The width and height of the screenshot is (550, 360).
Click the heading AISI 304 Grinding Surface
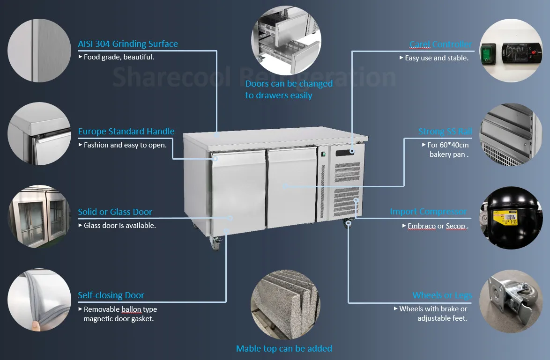click(x=128, y=44)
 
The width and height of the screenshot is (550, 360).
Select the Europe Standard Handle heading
click(x=126, y=132)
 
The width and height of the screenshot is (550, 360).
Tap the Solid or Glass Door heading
click(x=115, y=212)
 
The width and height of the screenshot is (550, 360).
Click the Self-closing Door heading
click(x=111, y=295)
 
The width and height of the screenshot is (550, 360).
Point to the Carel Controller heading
click(x=440, y=44)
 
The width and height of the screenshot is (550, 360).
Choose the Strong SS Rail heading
click(x=445, y=132)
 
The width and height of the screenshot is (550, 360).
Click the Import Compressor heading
click(x=428, y=212)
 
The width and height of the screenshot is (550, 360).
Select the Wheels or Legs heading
click(x=442, y=295)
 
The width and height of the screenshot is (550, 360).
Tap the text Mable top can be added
click(x=284, y=349)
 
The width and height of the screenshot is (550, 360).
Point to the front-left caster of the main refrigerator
click(x=216, y=243)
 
